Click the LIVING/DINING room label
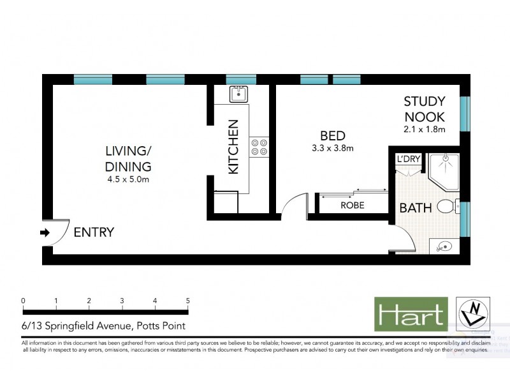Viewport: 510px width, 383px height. pos(129,159)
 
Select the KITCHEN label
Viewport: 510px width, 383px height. pos(233,147)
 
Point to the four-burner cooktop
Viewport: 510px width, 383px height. pos(259,147)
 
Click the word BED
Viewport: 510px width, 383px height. pos(333,136)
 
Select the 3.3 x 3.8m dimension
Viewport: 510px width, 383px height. pos(333,149)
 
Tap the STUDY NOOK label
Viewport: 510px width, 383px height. pos(425,110)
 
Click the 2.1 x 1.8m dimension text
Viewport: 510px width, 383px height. pos(424,130)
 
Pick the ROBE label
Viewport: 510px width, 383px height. pos(353,206)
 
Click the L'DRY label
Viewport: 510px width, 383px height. pos(407,159)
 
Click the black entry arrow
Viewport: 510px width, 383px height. pos(45,233)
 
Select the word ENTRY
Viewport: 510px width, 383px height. pos(94,232)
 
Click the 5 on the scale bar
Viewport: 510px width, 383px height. pos(187,301)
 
